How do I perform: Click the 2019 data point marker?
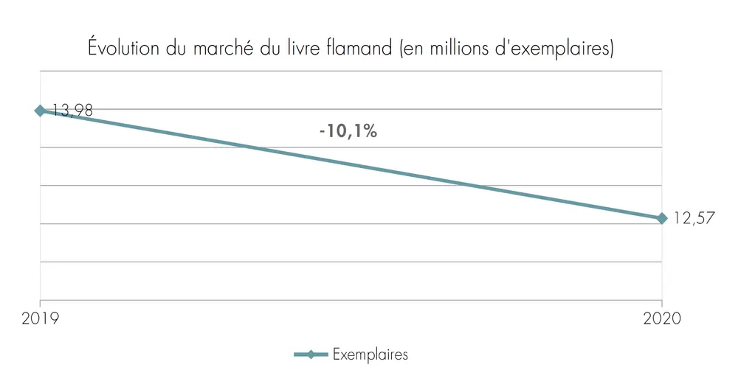(x=40, y=111)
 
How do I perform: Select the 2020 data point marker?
(x=662, y=218)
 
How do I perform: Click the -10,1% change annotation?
(x=348, y=132)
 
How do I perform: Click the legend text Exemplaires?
(x=370, y=355)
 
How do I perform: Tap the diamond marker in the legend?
(x=311, y=355)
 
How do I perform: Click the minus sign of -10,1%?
(x=323, y=133)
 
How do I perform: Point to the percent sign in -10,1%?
(x=370, y=132)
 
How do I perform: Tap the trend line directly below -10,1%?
(x=348, y=164)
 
